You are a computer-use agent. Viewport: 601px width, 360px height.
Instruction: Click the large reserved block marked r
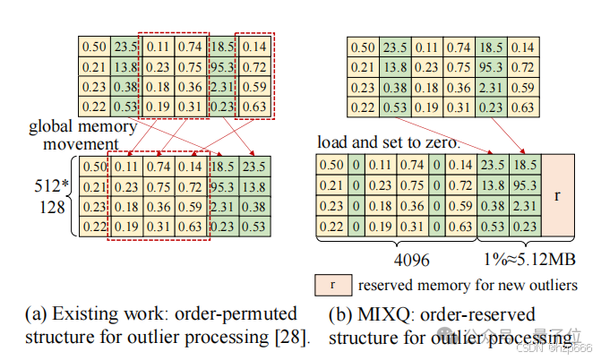click(x=557, y=193)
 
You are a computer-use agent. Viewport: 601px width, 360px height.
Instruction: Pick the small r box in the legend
click(x=332, y=286)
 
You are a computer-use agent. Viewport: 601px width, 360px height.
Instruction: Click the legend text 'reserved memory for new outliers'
click(x=467, y=286)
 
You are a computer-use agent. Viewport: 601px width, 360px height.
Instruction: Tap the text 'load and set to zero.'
click(x=389, y=142)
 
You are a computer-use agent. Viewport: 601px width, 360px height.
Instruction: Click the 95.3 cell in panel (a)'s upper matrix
click(x=221, y=65)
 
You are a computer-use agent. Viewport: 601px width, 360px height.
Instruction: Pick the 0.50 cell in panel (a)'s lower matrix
click(x=94, y=166)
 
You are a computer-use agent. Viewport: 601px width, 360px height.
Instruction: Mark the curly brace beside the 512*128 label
click(x=72, y=197)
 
